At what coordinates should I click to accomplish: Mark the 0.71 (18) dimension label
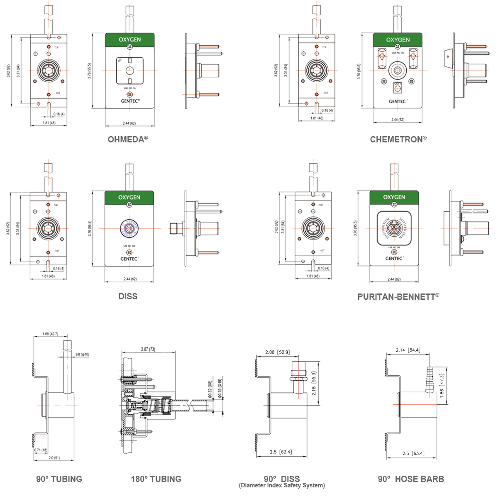[x=41, y=450]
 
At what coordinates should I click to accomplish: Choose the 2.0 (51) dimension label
[x=54, y=458]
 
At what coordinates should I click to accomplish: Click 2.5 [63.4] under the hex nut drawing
[x=281, y=452]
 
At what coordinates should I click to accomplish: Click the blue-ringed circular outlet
[x=129, y=228]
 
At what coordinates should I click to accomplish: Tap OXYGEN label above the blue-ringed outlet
[x=129, y=197]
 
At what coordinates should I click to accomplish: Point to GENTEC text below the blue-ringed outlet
[x=129, y=258]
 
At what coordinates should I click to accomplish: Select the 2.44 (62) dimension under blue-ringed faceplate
[x=129, y=279]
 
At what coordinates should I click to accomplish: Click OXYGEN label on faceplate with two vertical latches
[x=398, y=39]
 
